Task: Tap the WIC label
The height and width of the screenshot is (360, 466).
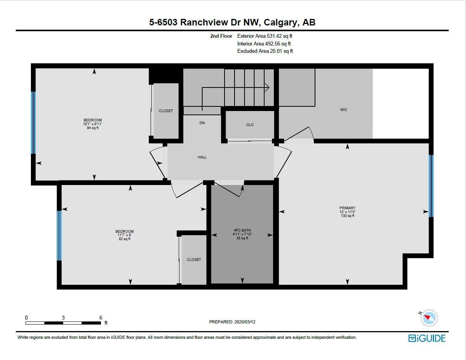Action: (x=344, y=110)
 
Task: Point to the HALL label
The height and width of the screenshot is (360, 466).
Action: (x=202, y=157)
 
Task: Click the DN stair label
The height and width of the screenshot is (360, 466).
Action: (x=202, y=123)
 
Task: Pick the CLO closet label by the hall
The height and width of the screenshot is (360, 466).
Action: (x=250, y=125)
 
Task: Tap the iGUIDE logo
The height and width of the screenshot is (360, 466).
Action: (x=427, y=338)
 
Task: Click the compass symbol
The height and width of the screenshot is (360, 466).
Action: (x=429, y=318)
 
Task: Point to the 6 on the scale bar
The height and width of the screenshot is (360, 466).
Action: (x=101, y=318)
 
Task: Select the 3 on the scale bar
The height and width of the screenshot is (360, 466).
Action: (x=63, y=318)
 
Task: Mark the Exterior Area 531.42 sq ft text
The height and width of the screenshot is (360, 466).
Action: (x=267, y=36)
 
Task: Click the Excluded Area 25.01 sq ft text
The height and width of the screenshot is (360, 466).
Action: (x=265, y=51)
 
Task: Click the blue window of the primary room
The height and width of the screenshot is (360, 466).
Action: (x=431, y=186)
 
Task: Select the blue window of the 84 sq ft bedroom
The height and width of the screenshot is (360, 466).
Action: (x=33, y=123)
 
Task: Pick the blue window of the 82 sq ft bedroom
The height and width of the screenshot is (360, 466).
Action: (x=59, y=236)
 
